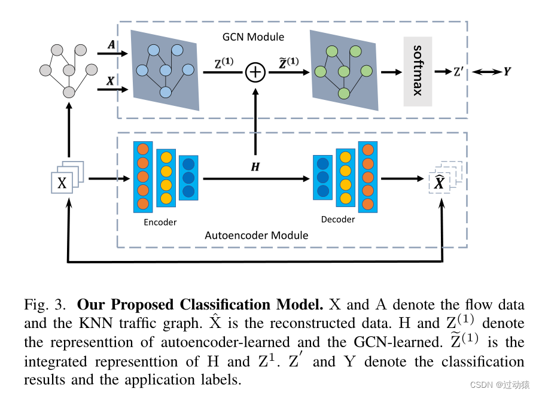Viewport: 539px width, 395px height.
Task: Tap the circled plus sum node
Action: [255, 72]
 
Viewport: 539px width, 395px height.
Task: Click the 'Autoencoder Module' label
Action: [257, 235]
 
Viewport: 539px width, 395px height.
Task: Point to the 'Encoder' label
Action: [160, 222]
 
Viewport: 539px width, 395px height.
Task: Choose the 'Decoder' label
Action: [338, 220]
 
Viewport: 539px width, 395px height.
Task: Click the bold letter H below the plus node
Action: [255, 167]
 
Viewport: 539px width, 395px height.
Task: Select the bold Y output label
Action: [507, 72]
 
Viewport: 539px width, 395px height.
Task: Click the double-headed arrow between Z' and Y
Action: [486, 72]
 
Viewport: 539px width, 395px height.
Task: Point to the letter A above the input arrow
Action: [111, 45]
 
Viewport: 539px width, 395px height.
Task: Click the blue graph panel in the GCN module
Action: [165, 70]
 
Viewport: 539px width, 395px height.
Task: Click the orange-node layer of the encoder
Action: [143, 176]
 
